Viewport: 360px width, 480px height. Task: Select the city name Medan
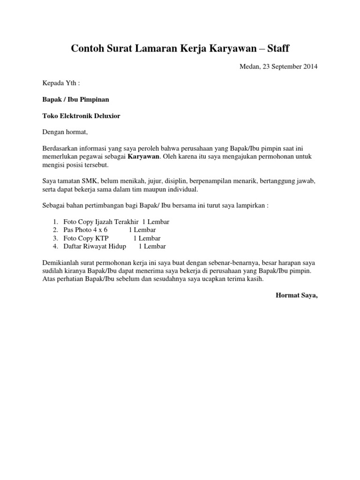(248, 67)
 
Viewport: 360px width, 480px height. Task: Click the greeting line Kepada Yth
(61, 83)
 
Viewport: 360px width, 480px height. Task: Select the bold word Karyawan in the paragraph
(144, 156)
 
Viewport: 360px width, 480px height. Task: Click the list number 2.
(55, 230)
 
